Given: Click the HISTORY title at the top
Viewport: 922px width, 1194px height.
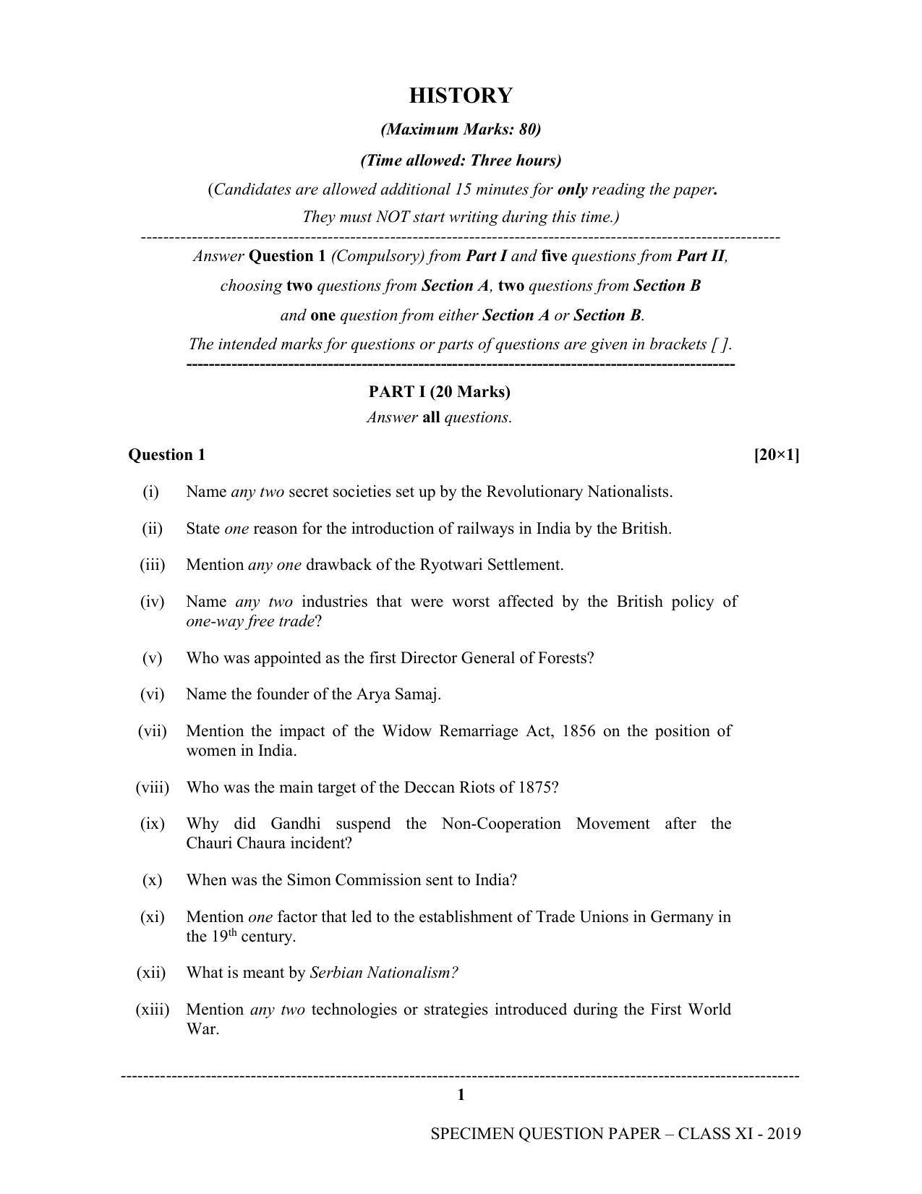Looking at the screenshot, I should [x=461, y=95].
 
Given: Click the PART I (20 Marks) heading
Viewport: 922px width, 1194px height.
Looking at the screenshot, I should [x=439, y=392].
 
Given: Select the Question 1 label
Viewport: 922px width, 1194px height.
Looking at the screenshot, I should [x=166, y=455].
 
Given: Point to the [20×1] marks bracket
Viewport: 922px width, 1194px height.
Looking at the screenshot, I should [x=776, y=455].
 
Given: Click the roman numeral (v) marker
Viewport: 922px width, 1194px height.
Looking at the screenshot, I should [x=152, y=658].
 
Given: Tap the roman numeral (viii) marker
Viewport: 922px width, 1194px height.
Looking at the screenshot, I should [x=152, y=788].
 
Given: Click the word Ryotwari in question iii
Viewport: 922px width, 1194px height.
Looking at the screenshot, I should [x=450, y=565].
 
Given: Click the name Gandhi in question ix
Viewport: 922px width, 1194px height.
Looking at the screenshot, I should [x=295, y=824].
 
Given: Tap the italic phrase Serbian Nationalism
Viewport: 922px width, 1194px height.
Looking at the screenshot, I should [x=383, y=973].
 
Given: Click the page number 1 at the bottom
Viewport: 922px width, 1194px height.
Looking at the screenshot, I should [x=461, y=1096].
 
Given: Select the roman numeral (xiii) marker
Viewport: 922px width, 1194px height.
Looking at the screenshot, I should [x=152, y=1010].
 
